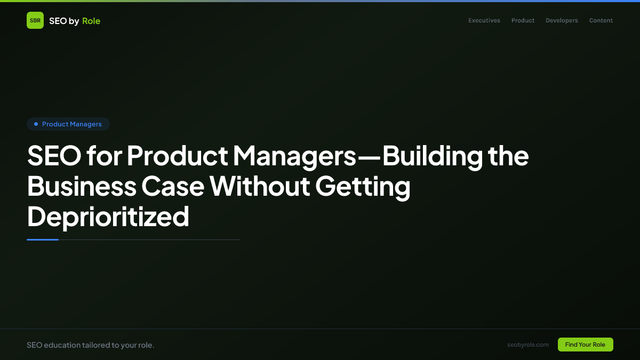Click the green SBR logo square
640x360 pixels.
[x=35, y=20]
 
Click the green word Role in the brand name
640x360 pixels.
[x=91, y=21]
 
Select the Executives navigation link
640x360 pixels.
[x=484, y=21]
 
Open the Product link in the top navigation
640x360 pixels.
[x=523, y=21]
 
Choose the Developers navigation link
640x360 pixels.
[x=562, y=21]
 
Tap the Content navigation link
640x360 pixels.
[x=601, y=21]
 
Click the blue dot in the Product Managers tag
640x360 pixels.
[x=36, y=124]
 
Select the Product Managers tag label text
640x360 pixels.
[x=71, y=124]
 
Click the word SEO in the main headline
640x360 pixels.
[x=53, y=156]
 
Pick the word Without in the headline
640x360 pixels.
[x=259, y=187]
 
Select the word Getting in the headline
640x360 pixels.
[x=363, y=187]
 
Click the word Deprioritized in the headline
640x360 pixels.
[x=108, y=217]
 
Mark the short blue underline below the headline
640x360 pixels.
[x=43, y=239]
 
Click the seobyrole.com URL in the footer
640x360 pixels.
[x=528, y=345]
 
